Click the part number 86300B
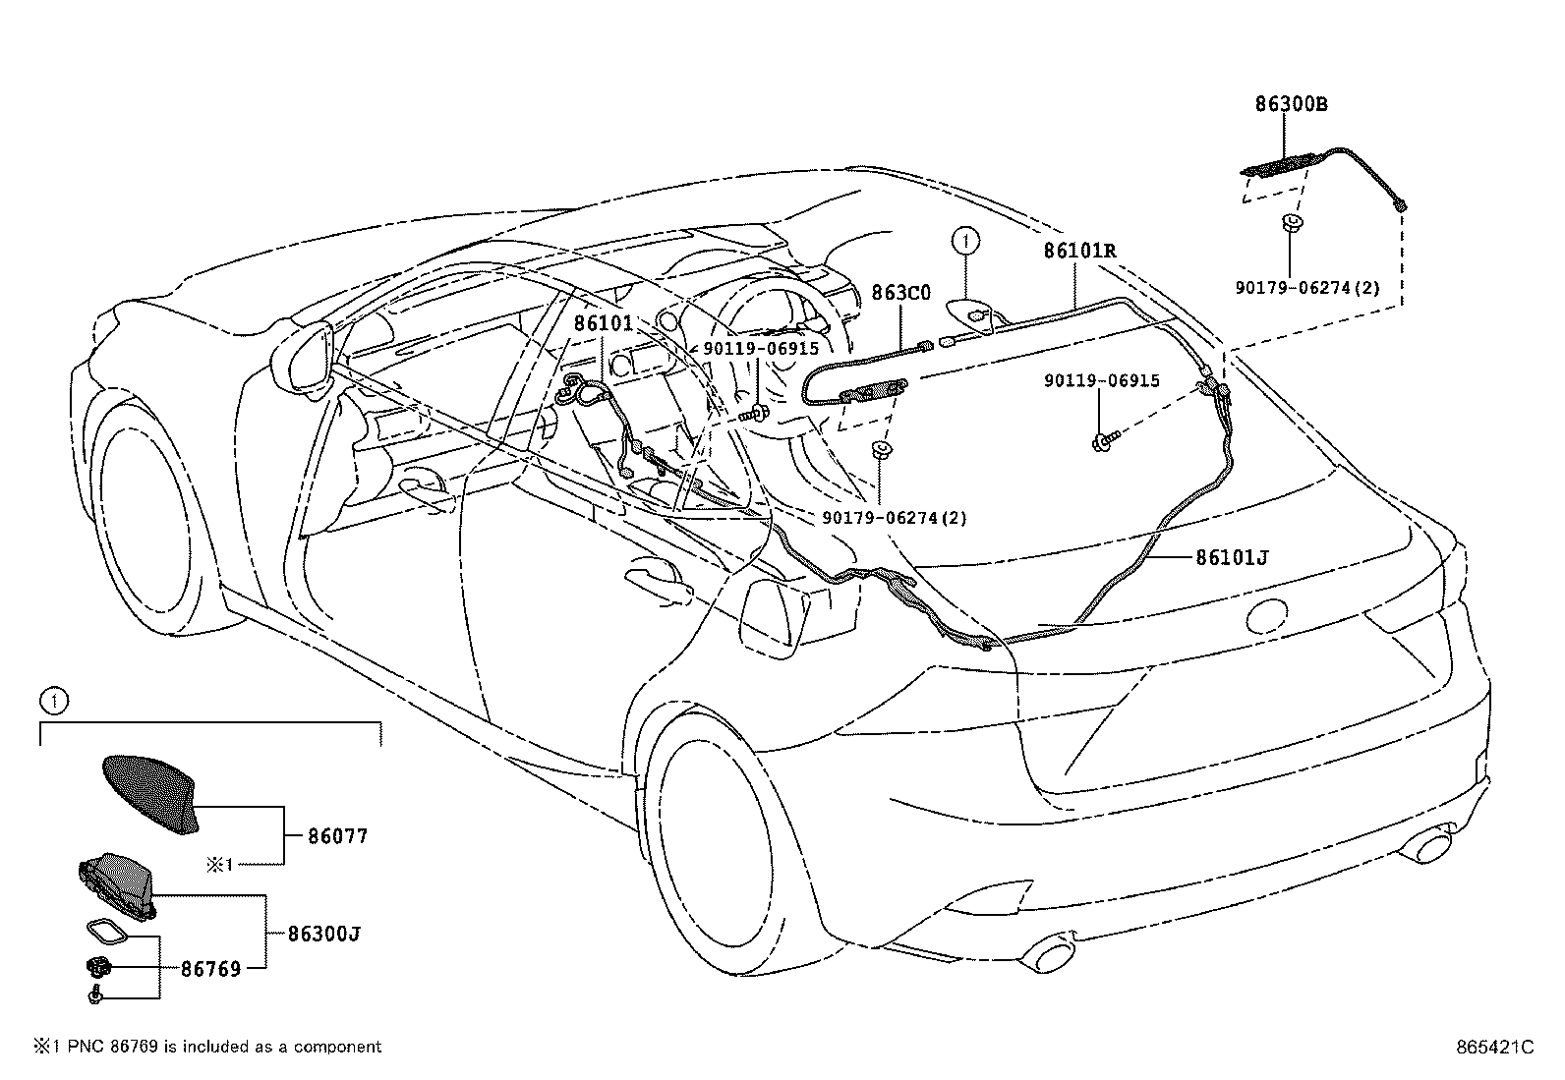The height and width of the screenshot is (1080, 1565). [x=1291, y=104]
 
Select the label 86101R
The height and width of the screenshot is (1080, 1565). [x=1079, y=250]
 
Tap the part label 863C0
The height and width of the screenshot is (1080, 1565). [x=900, y=293]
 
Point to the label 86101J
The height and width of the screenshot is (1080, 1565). [x=1232, y=557]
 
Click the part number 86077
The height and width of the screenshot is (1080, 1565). [x=337, y=836]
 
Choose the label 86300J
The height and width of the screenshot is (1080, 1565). [x=324, y=934]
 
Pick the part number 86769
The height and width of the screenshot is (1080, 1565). [x=211, y=969]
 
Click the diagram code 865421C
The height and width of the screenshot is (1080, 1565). [x=1495, y=1048]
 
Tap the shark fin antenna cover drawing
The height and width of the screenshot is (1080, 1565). [x=151, y=794]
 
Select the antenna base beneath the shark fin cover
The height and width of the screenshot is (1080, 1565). [x=117, y=885]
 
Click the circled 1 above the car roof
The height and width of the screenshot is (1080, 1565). [x=965, y=241]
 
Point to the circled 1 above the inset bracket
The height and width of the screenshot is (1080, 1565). [x=54, y=701]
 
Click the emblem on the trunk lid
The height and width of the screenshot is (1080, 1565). [x=1267, y=615]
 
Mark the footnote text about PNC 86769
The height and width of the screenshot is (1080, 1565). [x=207, y=1047]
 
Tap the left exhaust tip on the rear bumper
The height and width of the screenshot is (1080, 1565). [x=1046, y=956]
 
